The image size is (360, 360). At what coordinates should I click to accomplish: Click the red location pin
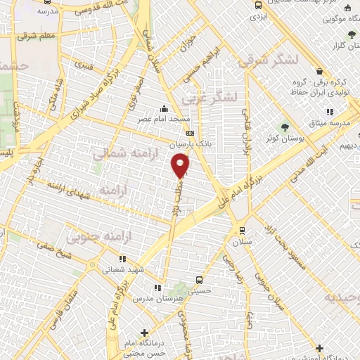(x=181, y=165)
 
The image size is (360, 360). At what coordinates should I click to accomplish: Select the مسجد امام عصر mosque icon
(x=164, y=108)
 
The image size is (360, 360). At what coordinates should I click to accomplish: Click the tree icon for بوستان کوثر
(x=285, y=127)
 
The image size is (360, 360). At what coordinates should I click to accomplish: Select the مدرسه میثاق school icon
(x=329, y=112)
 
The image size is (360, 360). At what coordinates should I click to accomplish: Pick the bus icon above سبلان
(x=242, y=230)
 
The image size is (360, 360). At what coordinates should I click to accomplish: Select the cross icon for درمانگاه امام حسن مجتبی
(x=145, y=332)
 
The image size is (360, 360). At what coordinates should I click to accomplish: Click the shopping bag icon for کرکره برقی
(x=320, y=72)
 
